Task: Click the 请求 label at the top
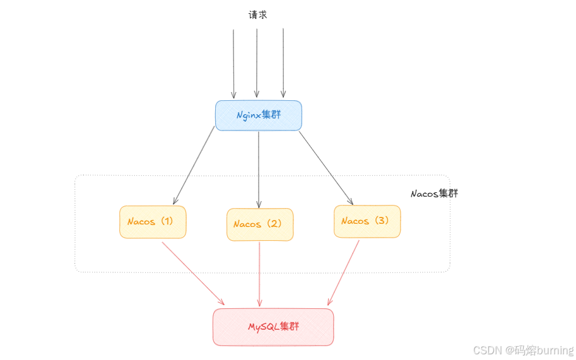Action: pos(257,15)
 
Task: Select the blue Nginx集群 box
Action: pos(259,115)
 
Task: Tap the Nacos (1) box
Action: pos(153,222)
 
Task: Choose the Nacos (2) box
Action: pos(260,224)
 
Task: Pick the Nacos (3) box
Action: pos(367,221)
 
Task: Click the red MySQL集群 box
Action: pos(273,327)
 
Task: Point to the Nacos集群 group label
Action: pos(434,194)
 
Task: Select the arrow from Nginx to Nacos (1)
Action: pos(193,166)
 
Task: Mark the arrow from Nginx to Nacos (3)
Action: pos(326,167)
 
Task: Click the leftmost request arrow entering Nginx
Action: pos(233,63)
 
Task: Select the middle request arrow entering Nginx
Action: pos(257,63)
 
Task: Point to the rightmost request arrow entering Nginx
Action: pos(283,63)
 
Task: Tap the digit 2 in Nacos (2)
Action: pos(275,224)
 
